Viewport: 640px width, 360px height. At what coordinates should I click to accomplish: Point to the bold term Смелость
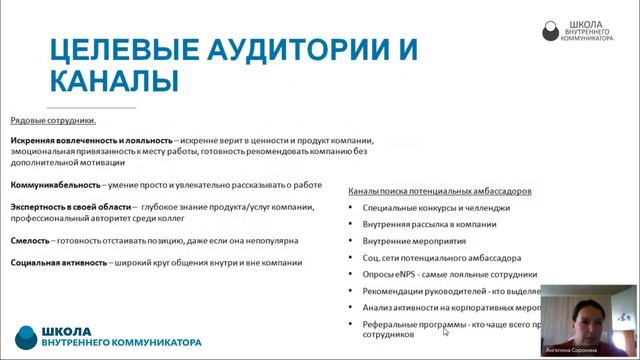pyautogui.click(x=32, y=240)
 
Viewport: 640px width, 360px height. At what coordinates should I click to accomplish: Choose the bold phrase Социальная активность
pyautogui.click(x=58, y=263)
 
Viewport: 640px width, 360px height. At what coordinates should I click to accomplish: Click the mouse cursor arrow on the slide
pyautogui.click(x=446, y=332)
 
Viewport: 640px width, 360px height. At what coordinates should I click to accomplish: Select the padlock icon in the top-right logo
pyautogui.click(x=551, y=31)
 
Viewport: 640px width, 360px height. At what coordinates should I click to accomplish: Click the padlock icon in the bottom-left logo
pyautogui.click(x=27, y=336)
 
